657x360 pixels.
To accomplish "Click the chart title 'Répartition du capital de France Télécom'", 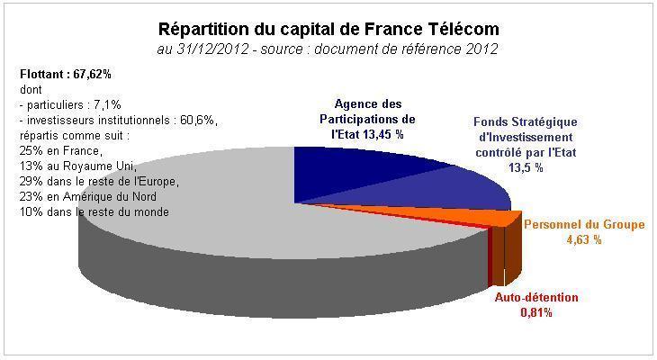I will [328, 30].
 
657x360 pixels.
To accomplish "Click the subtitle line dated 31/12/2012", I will [328, 48].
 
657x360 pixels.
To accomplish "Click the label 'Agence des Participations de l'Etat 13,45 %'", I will [369, 119].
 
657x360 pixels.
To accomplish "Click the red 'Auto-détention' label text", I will [537, 298].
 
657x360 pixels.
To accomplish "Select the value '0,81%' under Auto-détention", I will [536, 313].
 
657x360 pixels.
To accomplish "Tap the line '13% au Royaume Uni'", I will [76, 166].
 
